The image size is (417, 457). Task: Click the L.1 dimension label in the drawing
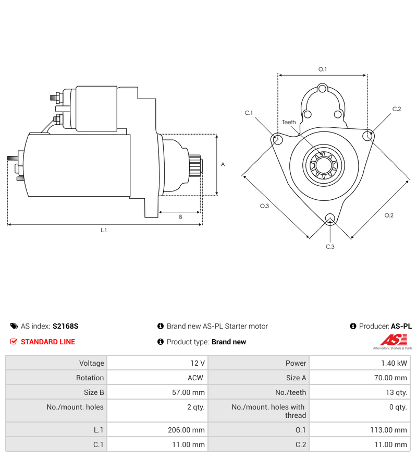tap(104, 230)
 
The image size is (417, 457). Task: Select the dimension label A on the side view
tap(223, 164)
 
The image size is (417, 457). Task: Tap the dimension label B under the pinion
tap(180, 217)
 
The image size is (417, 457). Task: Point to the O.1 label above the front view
tap(322, 69)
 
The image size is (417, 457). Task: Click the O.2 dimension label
tap(389, 215)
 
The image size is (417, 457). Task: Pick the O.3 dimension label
tap(264, 206)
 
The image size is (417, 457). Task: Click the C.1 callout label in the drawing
tap(249, 113)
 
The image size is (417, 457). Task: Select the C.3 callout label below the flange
tap(330, 246)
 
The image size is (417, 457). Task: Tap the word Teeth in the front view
tap(289, 122)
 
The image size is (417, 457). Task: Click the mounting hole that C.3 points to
tap(329, 218)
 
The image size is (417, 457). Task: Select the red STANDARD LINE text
tap(48, 342)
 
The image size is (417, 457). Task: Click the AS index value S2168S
tap(65, 326)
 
